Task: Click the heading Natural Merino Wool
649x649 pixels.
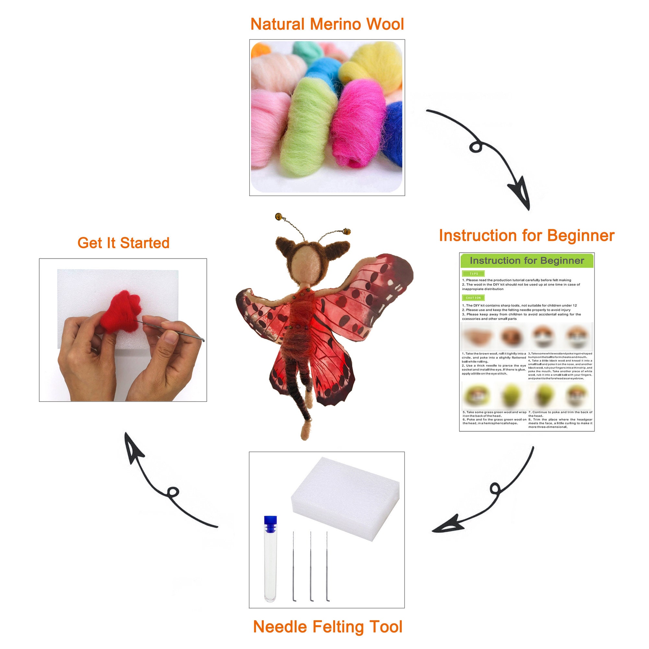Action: tap(327, 24)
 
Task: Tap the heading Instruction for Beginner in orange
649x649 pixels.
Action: tap(526, 235)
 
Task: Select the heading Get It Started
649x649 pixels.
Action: tap(123, 243)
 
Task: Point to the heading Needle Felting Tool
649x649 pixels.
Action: tap(327, 627)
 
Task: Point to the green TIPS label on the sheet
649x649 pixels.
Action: tap(474, 273)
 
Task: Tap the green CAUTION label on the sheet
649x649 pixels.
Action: tap(474, 298)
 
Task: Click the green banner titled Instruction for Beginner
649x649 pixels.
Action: tap(526, 261)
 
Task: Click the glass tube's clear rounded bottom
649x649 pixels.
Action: tap(270, 588)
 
